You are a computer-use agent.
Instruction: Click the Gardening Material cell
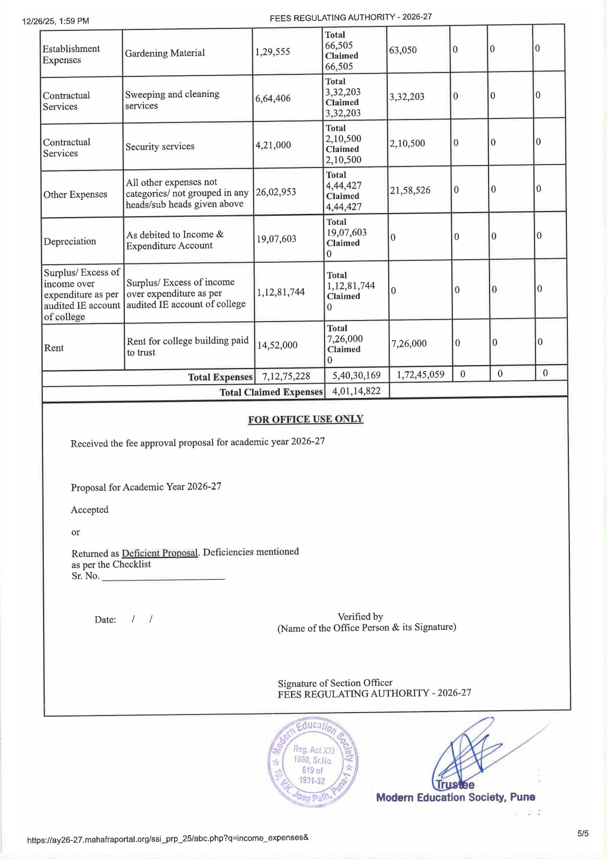point(165,53)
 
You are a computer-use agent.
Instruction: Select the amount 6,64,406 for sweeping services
point(273,99)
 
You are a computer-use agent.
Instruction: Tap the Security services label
point(160,147)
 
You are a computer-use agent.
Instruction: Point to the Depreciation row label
point(70,241)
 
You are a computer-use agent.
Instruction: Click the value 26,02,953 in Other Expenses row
point(275,192)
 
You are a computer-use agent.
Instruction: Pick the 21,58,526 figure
point(410,190)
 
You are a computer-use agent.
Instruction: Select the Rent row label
point(54,348)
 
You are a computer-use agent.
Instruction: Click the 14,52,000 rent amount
point(277,345)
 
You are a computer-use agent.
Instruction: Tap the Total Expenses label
point(220,377)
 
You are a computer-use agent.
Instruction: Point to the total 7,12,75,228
point(286,376)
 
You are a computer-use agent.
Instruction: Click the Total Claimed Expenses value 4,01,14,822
point(356,391)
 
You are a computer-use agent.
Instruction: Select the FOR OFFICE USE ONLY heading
point(306,419)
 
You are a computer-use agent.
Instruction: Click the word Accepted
point(90,509)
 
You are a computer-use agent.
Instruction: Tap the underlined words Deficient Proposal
point(160,553)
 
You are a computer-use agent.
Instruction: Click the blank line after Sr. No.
point(164,577)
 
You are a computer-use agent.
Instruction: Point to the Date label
point(105,620)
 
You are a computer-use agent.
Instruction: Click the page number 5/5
point(583,834)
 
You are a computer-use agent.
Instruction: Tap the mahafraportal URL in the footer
point(168,837)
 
